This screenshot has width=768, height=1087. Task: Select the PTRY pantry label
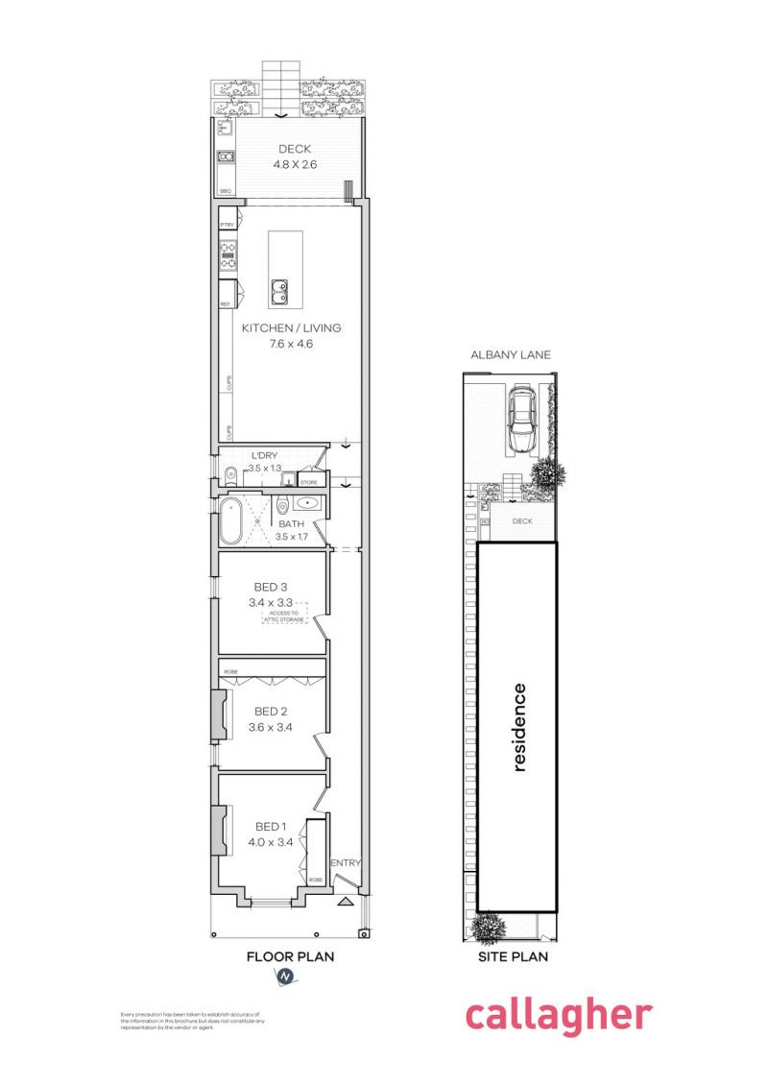[228, 225]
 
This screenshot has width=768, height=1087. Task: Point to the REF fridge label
[226, 303]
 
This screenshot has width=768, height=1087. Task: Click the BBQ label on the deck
[226, 191]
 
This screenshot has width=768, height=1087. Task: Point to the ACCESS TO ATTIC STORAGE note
[285, 616]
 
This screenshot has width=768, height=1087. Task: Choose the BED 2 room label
[271, 712]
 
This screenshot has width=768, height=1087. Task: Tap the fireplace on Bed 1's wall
[219, 829]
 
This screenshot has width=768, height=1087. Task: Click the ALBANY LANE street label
[509, 354]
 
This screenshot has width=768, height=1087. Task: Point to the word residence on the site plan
[519, 727]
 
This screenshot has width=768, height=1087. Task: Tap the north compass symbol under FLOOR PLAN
[285, 977]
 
